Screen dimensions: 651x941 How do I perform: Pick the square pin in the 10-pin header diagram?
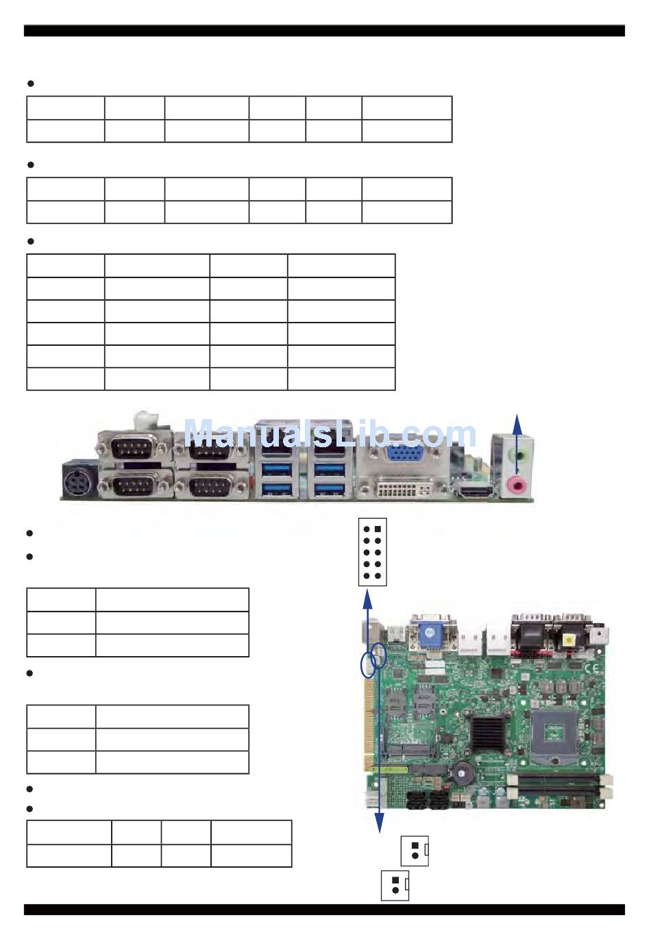pos(378,529)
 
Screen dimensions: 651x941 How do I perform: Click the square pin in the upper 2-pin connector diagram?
pos(415,845)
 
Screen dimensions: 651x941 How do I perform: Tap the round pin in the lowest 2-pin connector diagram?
pos(395,890)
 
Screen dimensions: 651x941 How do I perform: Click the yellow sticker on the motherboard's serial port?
pos(569,640)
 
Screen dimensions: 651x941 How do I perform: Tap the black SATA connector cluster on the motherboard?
pos(428,800)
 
